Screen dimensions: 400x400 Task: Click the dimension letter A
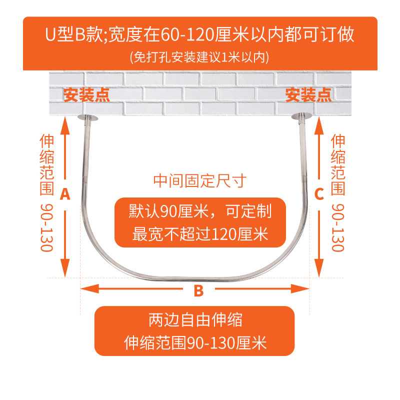64,194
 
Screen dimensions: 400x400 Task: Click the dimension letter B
198,290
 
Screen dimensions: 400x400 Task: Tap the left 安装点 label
86,95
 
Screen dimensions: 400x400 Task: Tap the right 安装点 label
308,95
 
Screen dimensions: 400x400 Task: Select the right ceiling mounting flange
301,117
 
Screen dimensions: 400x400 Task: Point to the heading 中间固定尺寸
199,180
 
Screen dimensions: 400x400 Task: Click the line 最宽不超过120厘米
200,233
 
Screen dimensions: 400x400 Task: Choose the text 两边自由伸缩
195,318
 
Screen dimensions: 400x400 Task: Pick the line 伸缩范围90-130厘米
195,343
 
